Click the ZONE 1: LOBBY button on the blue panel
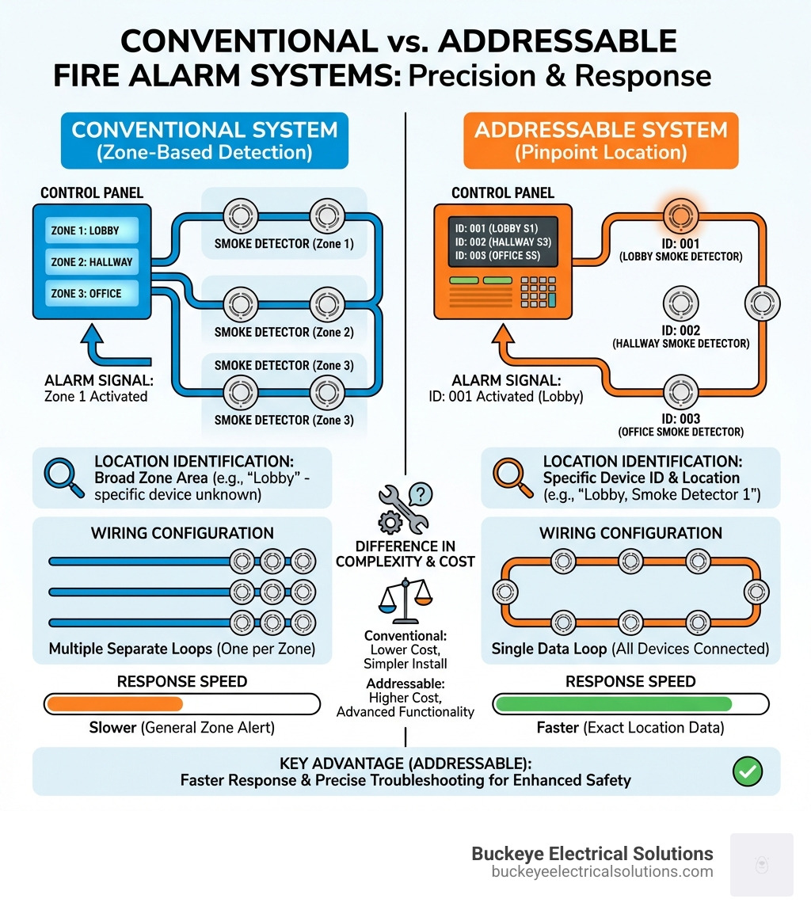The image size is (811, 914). (x=91, y=230)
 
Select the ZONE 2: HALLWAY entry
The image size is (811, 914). (x=91, y=262)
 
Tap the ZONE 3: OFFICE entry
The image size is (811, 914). (x=91, y=293)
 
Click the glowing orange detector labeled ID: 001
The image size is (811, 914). (x=677, y=214)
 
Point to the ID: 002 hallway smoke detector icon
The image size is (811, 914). (x=679, y=303)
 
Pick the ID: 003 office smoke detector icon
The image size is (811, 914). (x=679, y=391)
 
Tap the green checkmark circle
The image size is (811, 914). (x=748, y=771)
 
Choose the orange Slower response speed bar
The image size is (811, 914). (x=115, y=703)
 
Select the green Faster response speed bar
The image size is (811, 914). (x=612, y=703)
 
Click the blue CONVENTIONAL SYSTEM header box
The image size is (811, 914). (x=205, y=140)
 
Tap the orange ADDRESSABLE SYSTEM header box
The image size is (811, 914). (x=601, y=140)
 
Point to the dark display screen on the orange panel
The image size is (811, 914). (x=502, y=242)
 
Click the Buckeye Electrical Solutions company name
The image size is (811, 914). (x=592, y=854)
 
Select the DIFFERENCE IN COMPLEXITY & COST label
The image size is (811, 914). (x=405, y=554)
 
